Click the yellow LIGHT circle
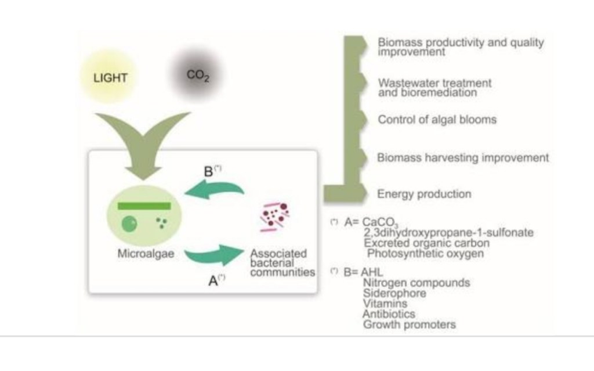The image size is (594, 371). click(x=110, y=77)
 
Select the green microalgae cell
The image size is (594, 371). click(x=145, y=216)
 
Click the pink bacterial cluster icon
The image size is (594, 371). click(x=275, y=217)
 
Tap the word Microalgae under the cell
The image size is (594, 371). click(x=146, y=254)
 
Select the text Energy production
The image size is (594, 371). click(x=424, y=194)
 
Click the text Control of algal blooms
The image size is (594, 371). click(x=437, y=120)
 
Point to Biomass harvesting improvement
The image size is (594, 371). click(x=462, y=157)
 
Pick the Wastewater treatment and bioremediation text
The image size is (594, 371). click(x=434, y=88)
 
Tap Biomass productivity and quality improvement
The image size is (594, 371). click(x=461, y=46)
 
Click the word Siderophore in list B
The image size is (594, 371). click(x=394, y=293)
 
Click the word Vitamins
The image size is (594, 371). click(x=385, y=304)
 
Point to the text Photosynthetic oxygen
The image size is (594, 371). click(x=425, y=254)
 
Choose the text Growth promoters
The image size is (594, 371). click(x=409, y=325)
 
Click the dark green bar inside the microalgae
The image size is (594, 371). click(x=144, y=206)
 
